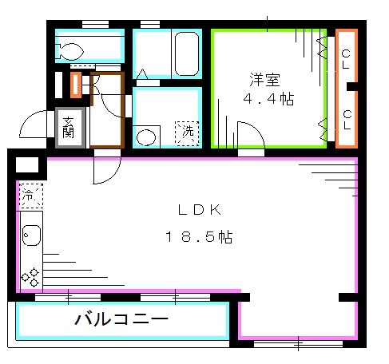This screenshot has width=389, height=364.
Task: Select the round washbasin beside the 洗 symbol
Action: (147, 136)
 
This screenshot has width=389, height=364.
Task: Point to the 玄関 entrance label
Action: (69, 126)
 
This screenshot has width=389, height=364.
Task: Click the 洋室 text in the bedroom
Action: (265, 81)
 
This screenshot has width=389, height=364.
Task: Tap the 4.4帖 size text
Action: (264, 99)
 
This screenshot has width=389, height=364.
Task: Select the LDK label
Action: (198, 210)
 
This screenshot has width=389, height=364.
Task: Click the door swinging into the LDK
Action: (107, 166)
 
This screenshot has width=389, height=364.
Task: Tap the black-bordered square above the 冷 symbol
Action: (26, 166)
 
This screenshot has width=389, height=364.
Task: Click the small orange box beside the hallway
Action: (76, 84)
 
